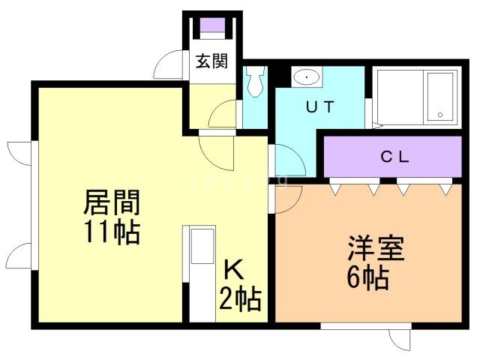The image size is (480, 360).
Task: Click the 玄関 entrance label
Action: pos(211,61)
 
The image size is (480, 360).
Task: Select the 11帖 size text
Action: pos(112,232)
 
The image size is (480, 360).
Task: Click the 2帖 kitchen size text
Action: pos(240,299)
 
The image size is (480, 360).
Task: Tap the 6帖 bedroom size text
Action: pos(367,279)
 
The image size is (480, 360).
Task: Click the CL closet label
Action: pos(394,157)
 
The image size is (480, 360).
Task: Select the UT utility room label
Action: pos(318,106)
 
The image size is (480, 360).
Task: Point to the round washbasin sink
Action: pos(305,77)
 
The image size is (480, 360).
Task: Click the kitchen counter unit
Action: pos(202,273)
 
